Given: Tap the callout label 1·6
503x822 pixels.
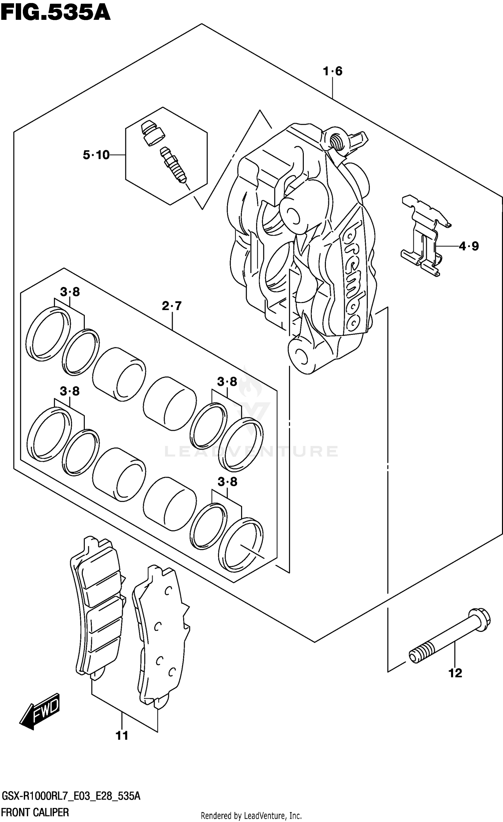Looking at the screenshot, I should (332, 71).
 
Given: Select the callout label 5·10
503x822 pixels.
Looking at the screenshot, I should (96, 155).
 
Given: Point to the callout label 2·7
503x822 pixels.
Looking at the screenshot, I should (172, 306).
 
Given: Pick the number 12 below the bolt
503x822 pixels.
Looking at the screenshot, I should (455, 673).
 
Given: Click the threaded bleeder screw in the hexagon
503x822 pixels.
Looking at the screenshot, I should (173, 166).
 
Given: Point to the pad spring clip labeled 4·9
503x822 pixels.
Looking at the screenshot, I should (424, 236).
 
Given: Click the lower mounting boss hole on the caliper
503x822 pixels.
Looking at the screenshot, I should (300, 356).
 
